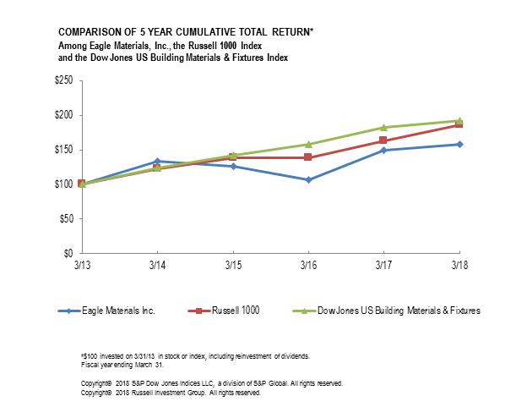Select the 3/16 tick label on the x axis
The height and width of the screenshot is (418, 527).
307,265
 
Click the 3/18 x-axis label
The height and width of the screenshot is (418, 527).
459,265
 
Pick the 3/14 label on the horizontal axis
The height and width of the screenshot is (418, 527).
156,265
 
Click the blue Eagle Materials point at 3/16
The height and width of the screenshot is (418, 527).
307,179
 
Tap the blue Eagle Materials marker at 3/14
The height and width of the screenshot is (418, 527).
156,161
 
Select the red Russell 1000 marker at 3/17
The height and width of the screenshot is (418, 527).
383,140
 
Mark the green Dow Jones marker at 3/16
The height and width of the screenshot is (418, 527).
307,144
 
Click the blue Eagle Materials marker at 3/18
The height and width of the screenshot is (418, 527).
459,144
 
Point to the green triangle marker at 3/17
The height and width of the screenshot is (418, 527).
383,127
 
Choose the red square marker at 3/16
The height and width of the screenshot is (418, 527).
307,157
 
